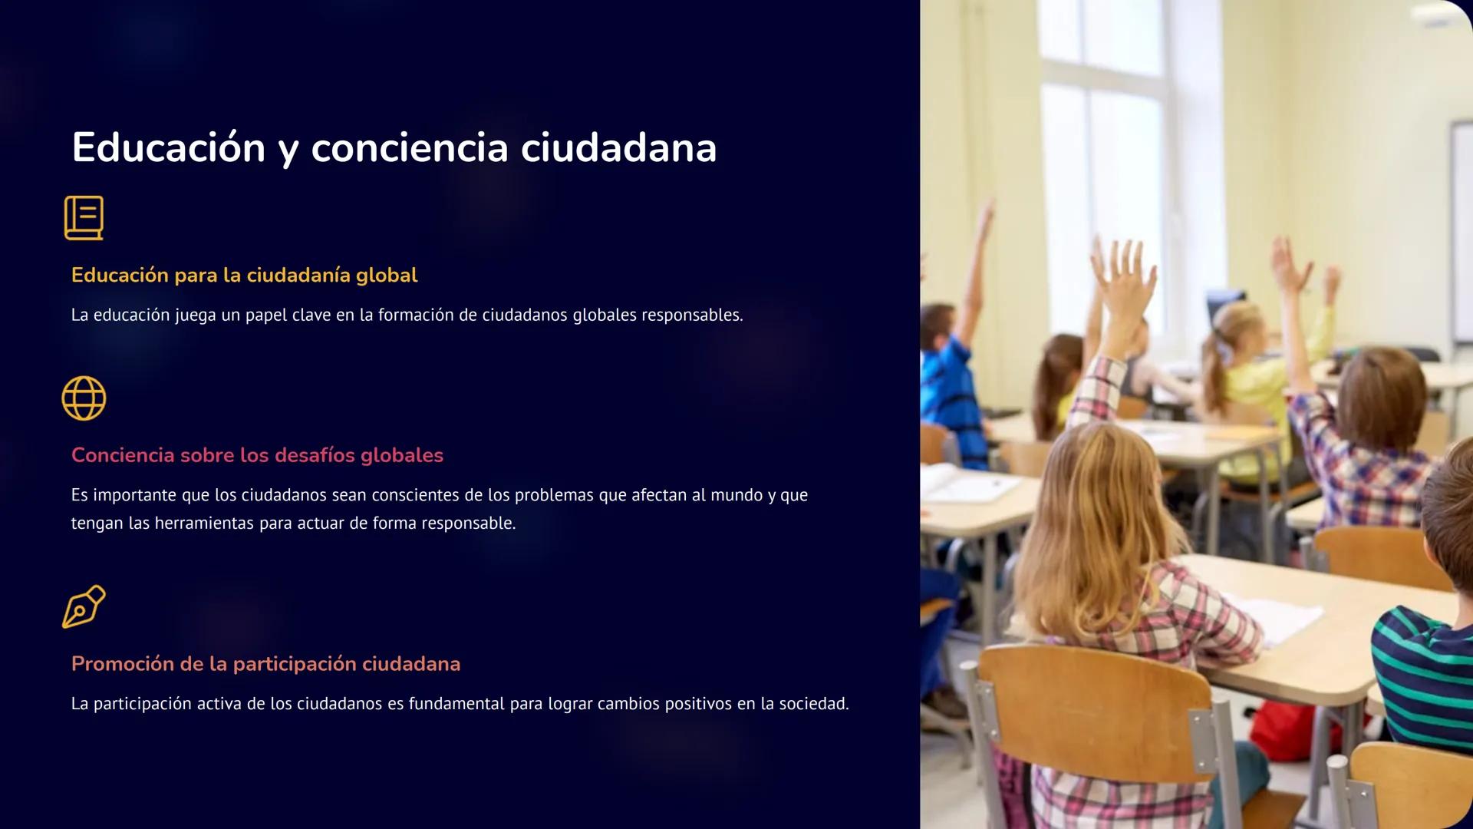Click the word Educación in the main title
[x=168, y=147]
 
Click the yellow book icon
[x=84, y=218]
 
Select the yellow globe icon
[x=84, y=398]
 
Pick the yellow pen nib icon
[x=84, y=606]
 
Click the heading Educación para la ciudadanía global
[x=244, y=276]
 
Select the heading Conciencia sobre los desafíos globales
[x=257, y=455]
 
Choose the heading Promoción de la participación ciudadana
[x=265, y=664]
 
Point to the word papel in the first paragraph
[x=265, y=315]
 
